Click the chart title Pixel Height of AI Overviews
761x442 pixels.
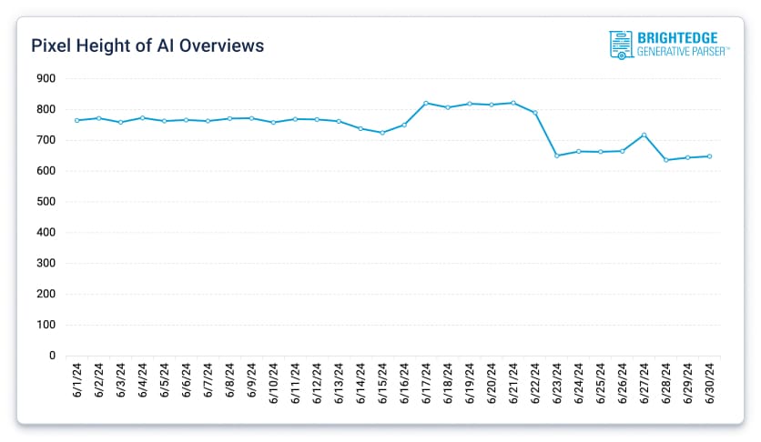coord(147,45)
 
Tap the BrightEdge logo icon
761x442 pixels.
coord(622,45)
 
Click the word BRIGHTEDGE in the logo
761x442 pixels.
coord(677,38)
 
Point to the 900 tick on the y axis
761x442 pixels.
coord(46,79)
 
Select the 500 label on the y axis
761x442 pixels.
coord(46,202)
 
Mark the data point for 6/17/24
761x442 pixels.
coord(426,103)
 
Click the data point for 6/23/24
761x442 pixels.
coord(557,156)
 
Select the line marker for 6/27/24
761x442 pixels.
coord(644,135)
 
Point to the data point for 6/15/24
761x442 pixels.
coord(382,133)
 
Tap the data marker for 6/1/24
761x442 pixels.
coord(77,120)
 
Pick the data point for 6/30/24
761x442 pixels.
coord(710,156)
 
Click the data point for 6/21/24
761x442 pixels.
coord(513,103)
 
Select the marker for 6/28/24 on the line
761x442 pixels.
coord(666,160)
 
